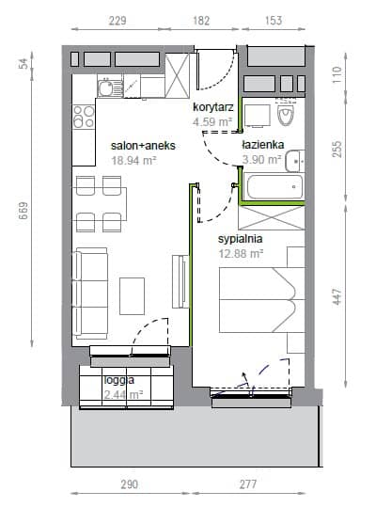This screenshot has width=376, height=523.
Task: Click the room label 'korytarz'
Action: (213, 107)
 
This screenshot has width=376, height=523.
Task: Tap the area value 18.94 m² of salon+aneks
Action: (134, 161)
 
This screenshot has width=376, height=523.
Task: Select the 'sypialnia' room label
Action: (240, 239)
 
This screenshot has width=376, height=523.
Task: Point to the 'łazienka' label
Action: (263, 145)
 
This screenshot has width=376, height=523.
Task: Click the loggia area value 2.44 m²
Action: (123, 395)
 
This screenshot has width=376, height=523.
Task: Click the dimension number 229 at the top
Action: (117, 21)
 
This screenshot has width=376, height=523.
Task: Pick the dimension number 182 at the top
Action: (201, 21)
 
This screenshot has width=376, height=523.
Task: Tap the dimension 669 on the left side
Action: (23, 211)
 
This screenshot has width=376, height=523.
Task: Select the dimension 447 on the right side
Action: (337, 296)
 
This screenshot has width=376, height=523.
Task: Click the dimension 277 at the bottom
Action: (248, 484)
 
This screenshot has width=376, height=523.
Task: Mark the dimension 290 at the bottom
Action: (129, 484)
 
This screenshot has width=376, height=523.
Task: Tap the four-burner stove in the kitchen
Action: (84, 117)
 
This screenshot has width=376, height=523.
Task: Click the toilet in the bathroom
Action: (286, 112)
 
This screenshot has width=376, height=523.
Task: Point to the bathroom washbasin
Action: (295, 161)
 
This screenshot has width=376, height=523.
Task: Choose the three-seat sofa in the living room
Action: (90, 293)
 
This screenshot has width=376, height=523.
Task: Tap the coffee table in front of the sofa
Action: (132, 296)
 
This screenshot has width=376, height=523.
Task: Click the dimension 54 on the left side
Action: (23, 63)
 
